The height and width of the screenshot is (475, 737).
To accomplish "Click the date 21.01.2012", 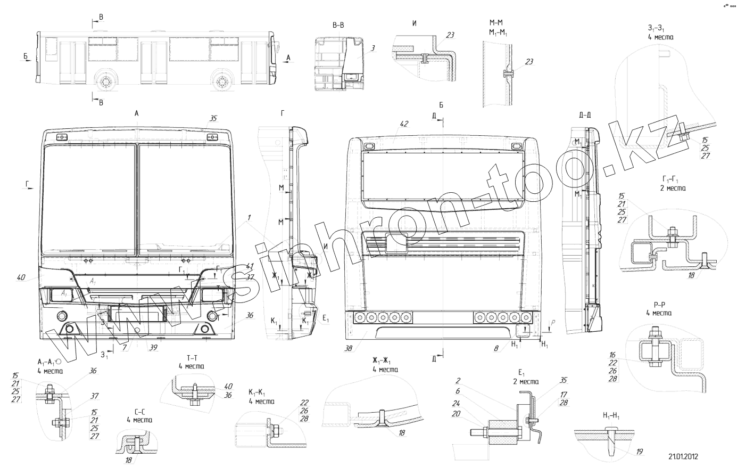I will click(x=683, y=456).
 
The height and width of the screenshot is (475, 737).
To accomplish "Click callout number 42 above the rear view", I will click(x=404, y=124).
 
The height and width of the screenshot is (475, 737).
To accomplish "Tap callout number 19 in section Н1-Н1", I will click(x=639, y=452).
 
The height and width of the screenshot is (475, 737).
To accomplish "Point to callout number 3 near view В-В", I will click(x=373, y=48).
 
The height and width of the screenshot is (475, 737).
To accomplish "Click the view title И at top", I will click(x=415, y=23).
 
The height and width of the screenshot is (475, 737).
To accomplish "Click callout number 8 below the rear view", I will click(x=496, y=348).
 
